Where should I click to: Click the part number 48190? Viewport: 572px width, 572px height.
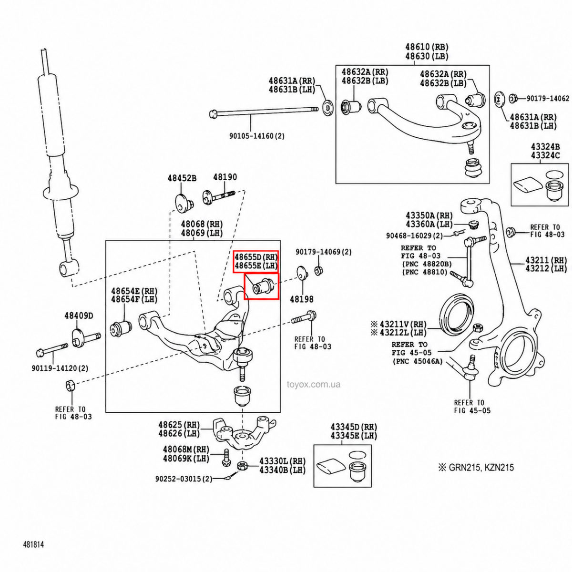pyautogui.click(x=225, y=177)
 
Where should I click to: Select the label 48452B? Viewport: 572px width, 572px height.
pyautogui.click(x=182, y=178)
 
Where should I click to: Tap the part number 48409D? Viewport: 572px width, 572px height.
pyautogui.click(x=79, y=316)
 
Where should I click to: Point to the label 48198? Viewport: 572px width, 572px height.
pyautogui.click(x=302, y=299)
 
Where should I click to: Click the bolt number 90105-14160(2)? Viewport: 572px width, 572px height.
pyautogui.click(x=257, y=136)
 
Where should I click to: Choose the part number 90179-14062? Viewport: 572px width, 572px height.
pyautogui.click(x=548, y=99)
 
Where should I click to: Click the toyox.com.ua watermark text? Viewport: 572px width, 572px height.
pyautogui.click(x=314, y=385)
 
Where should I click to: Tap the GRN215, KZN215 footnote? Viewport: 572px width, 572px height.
pyautogui.click(x=477, y=468)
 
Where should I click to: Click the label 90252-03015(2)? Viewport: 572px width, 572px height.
pyautogui.click(x=184, y=479)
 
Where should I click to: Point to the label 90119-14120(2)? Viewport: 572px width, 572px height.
pyautogui.click(x=60, y=368)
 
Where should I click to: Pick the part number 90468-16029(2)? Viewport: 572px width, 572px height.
pyautogui.click(x=414, y=235)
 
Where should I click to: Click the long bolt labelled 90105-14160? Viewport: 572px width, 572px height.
pyautogui.click(x=264, y=112)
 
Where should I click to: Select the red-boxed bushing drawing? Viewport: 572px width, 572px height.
pyautogui.click(x=261, y=286)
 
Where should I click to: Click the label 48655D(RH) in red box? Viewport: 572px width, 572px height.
pyautogui.click(x=256, y=257)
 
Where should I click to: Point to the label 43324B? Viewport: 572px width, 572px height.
pyautogui.click(x=545, y=146)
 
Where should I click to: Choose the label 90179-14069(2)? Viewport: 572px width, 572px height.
pyautogui.click(x=323, y=252)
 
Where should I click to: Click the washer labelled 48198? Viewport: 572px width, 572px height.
pyautogui.click(x=302, y=273)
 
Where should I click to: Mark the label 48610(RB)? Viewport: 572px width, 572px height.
pyautogui.click(x=427, y=47)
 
